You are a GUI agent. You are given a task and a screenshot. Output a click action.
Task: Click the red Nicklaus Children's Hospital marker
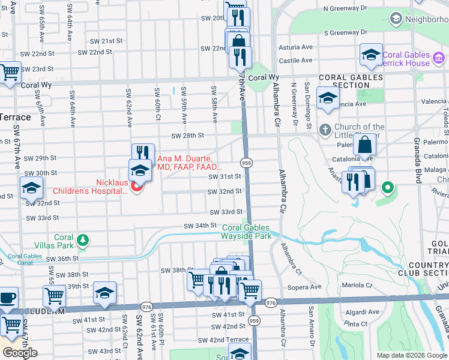coord(136,187)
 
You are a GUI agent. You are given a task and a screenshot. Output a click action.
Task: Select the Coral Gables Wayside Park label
coord(247,232)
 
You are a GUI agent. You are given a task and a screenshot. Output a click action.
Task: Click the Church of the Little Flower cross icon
coord(325,130)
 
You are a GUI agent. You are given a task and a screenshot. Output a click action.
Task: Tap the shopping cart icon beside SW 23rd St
coord(10,73)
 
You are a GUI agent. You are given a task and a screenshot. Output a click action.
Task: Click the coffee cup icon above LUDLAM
coord(7,297)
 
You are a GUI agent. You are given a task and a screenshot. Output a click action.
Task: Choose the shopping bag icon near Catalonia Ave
coord(364,145)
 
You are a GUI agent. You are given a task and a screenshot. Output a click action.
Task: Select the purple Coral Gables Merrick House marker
coord(439,59)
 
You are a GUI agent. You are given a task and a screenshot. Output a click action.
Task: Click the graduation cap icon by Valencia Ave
coord(328,98)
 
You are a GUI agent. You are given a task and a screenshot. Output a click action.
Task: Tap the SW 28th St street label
coord(187,136)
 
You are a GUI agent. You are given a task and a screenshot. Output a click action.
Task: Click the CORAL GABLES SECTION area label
coord(351,82)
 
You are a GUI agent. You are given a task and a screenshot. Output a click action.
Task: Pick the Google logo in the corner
coord(20,353)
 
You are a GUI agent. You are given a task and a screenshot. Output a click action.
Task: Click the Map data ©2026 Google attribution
coord(412,355)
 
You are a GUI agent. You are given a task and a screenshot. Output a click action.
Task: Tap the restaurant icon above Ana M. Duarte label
coord(143,154)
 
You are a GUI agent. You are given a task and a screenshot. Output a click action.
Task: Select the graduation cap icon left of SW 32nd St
coord(31,188)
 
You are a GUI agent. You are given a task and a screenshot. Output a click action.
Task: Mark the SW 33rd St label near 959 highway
coord(226,212)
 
